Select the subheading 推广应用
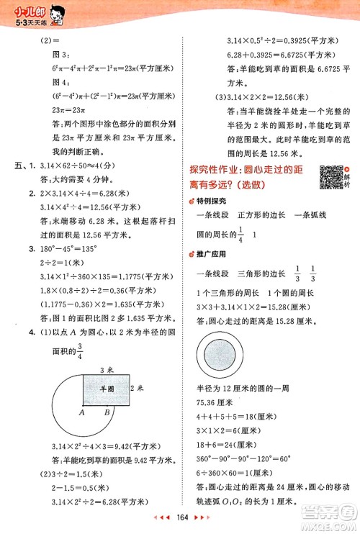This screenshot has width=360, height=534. pos(210,254)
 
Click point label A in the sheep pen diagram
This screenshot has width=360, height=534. pos(83,412)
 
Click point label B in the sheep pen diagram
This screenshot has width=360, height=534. pos(107,412)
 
